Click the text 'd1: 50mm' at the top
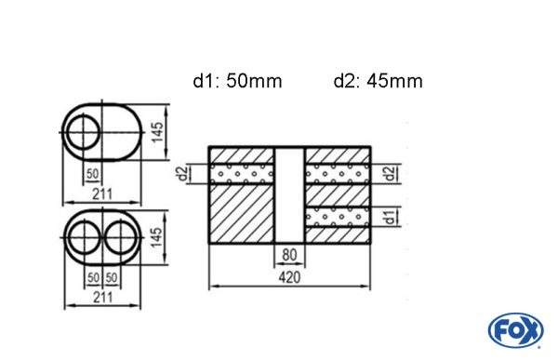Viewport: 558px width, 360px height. tap(237, 81)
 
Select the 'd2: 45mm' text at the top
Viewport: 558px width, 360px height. tap(378, 81)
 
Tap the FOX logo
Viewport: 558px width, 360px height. tap(514, 330)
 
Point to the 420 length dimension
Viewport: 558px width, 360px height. tap(290, 276)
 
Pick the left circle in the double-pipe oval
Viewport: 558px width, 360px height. tap(85, 239)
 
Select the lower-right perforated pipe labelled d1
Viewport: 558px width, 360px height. tap(339, 218)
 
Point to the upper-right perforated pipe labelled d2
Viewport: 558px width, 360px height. tap(339, 173)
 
